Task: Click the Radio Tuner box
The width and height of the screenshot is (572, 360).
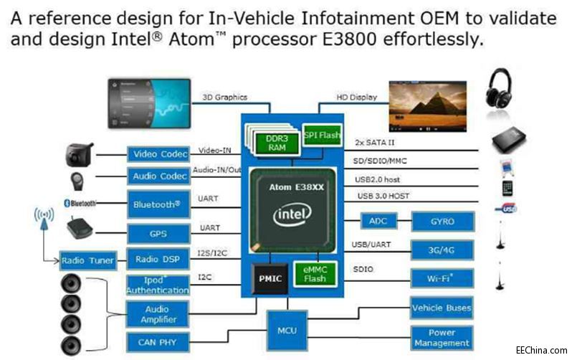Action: click(87, 260)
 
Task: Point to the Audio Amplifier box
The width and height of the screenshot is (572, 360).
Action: click(158, 313)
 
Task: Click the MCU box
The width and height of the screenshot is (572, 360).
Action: click(287, 331)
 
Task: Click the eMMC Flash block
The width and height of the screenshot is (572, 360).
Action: click(315, 274)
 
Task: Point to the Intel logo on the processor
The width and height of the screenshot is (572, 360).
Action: click(293, 214)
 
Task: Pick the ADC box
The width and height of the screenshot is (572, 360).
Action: click(378, 222)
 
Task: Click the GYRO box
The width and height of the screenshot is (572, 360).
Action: click(442, 222)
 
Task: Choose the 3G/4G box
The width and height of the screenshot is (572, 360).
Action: click(442, 250)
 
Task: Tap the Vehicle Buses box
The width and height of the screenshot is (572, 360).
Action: click(442, 308)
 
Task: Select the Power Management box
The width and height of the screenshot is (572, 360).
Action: click(442, 338)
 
